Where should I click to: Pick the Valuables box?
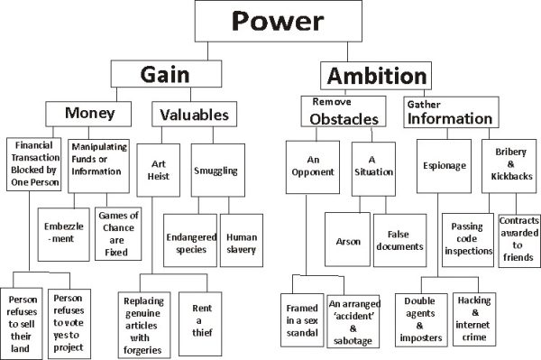tap(194, 115)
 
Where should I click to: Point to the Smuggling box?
tap(216, 169)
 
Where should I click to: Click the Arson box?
tap(347, 242)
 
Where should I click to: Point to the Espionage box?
tap(444, 167)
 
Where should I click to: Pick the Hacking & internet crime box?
tap(469, 318)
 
